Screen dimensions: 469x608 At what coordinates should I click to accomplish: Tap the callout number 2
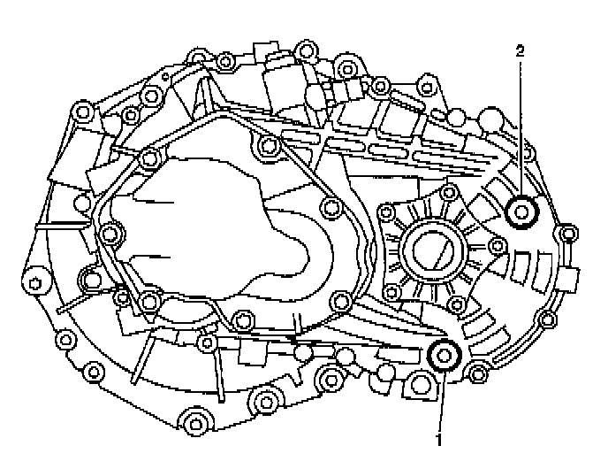pyautogui.click(x=520, y=51)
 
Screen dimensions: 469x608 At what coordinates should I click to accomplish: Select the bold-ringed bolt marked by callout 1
pyautogui.click(x=443, y=356)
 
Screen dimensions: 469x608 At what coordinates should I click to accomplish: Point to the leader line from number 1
pyautogui.click(x=440, y=398)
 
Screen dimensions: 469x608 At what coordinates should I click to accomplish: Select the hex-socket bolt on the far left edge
pyautogui.click(x=34, y=284)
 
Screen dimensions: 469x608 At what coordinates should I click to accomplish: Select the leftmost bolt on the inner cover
pyautogui.click(x=110, y=234)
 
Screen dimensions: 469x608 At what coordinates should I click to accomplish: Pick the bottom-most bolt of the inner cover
pyautogui.click(x=209, y=342)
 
